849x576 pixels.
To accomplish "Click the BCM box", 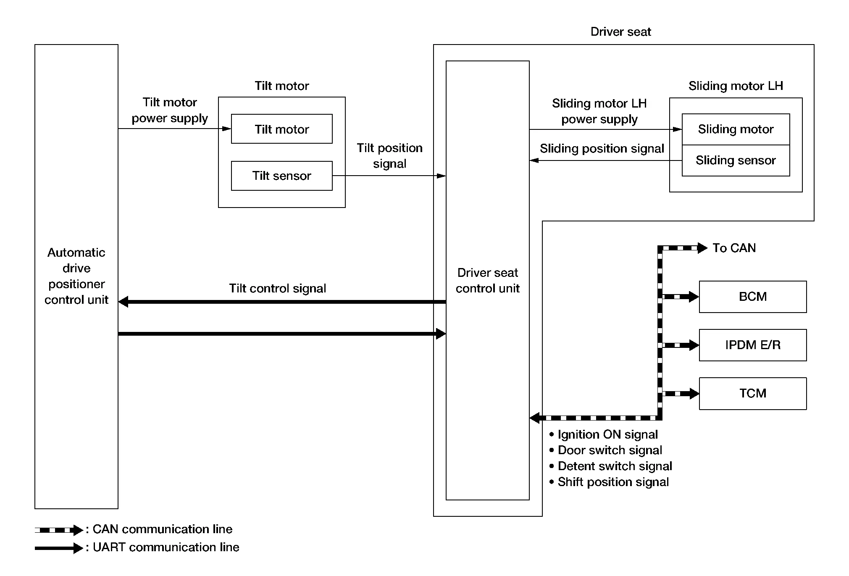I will (x=752, y=297).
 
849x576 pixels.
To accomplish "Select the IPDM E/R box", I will (x=752, y=345).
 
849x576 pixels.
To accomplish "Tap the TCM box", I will (x=752, y=393).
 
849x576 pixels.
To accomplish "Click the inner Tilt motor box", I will (x=281, y=129).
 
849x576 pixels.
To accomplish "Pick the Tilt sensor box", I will (x=281, y=176).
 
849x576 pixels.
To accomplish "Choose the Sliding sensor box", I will (x=736, y=160).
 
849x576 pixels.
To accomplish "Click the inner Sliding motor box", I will (x=736, y=129).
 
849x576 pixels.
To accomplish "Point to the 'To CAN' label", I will (x=734, y=248).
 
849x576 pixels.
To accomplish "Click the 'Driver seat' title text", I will (x=620, y=32).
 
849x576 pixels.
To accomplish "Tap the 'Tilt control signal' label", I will (x=277, y=288).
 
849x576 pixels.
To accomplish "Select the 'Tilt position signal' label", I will (x=389, y=155).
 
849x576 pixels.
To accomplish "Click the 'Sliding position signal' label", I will (x=602, y=149).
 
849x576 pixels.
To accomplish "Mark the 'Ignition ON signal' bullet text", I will (x=607, y=434).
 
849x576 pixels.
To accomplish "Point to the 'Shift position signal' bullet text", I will (x=613, y=482).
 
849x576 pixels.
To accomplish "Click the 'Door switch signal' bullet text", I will (x=610, y=450).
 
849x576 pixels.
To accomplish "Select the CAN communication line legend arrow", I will (x=59, y=530).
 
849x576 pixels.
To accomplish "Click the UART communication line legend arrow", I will (x=59, y=548).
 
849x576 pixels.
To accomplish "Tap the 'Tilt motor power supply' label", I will (x=170, y=110).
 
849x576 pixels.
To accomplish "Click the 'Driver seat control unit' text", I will (x=487, y=280).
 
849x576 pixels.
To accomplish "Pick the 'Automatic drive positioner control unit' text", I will (x=76, y=276).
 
